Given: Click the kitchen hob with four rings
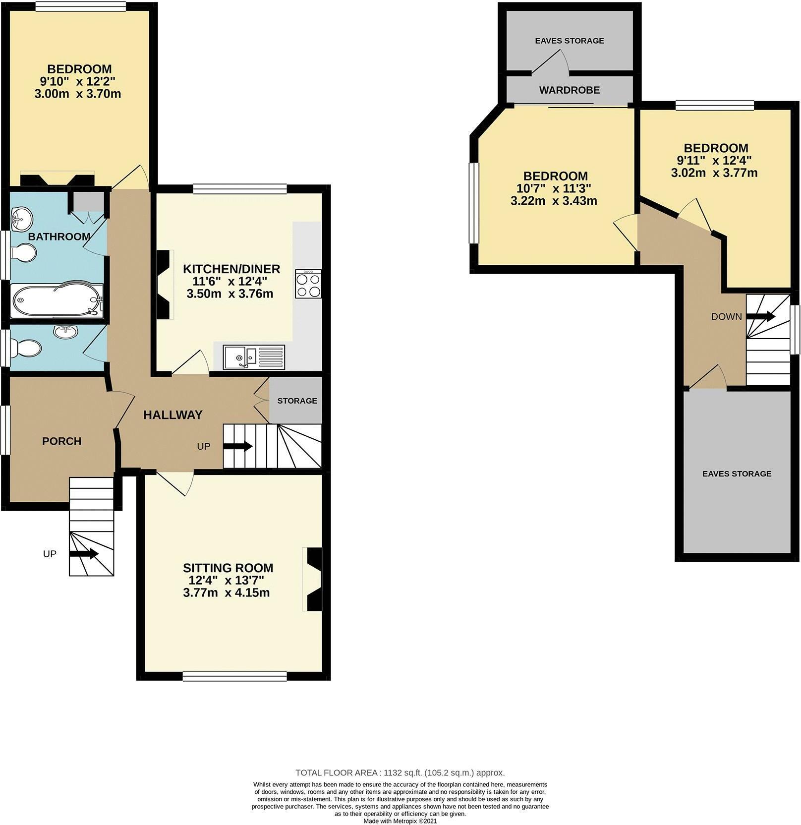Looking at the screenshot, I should [308, 284].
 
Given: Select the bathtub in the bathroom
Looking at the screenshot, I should [57, 300].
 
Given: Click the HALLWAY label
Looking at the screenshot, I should [172, 415].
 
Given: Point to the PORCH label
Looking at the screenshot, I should [61, 441].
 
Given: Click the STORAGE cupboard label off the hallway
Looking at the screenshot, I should [297, 401].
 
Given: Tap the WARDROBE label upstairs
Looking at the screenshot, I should [569, 90].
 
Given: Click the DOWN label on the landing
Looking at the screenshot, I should [726, 317].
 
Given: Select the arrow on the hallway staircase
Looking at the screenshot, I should [238, 446].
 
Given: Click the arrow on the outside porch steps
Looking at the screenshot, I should [83, 554].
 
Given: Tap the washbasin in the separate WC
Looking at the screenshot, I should [65, 332].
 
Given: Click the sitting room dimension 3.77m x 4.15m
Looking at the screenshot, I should [226, 592].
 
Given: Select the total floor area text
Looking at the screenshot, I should [400, 772].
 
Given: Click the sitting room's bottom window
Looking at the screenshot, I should [234, 675].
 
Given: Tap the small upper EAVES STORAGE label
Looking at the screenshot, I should [569, 41].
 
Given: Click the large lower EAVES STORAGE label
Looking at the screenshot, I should [737, 473].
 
